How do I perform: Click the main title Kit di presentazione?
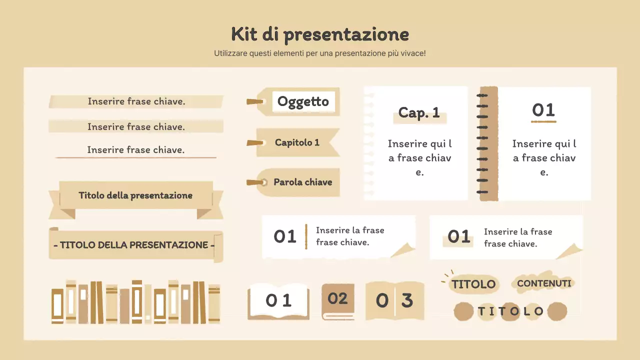point(320,35)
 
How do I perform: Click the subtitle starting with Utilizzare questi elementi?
point(320,53)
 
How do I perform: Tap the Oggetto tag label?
point(303,101)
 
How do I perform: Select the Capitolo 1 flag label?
point(297,142)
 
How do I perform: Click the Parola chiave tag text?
point(302,182)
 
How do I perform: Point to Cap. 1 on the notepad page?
point(419,113)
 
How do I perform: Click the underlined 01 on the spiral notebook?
point(543,110)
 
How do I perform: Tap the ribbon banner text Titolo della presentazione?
point(135,195)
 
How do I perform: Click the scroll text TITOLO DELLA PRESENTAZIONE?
point(134,245)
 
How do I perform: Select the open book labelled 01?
point(278,300)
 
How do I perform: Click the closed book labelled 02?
point(337,299)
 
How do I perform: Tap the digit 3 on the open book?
point(407,300)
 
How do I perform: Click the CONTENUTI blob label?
point(544,283)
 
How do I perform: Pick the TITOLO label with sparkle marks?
point(473,284)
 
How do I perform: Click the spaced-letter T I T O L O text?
point(510,312)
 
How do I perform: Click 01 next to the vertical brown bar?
point(285,236)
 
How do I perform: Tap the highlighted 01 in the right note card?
point(458,236)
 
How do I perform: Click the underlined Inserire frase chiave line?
point(135,150)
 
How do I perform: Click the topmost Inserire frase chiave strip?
point(136,101)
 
